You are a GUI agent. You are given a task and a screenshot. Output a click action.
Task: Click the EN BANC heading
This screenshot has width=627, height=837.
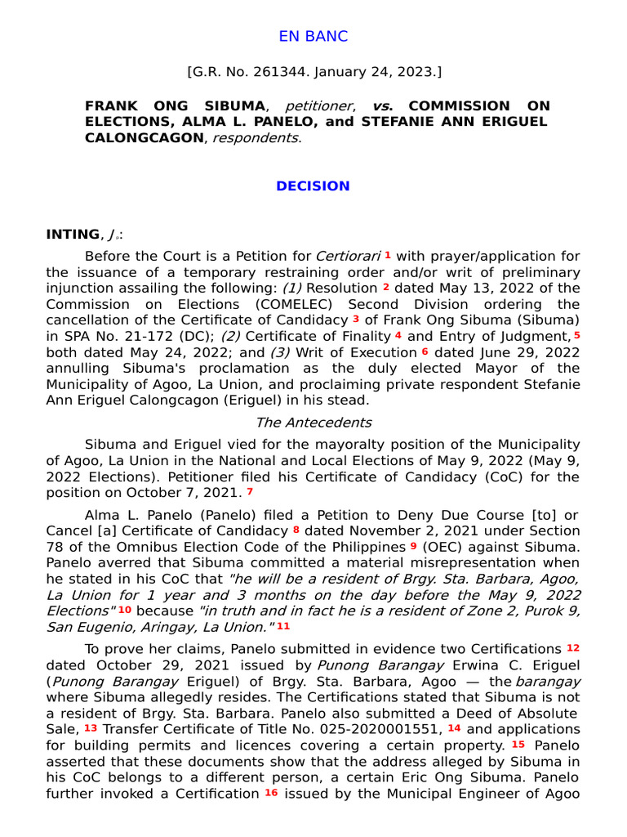pyautogui.click(x=313, y=36)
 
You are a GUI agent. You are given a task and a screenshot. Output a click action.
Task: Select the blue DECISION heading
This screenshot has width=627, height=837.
pyautogui.click(x=313, y=186)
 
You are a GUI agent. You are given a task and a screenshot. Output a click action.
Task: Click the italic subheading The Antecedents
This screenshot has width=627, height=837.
pyautogui.click(x=313, y=423)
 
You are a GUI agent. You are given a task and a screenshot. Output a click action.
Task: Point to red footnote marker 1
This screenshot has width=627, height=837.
pyautogui.click(x=388, y=255)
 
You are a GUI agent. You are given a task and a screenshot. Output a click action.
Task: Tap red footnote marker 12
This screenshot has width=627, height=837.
pyautogui.click(x=573, y=647)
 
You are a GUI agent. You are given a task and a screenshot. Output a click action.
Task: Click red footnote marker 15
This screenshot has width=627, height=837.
pyautogui.click(x=518, y=744)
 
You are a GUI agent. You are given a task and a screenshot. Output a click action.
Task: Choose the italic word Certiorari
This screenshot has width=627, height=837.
pyautogui.click(x=348, y=257)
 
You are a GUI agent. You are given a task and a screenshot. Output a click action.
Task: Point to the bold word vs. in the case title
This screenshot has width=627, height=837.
pyautogui.click(x=382, y=106)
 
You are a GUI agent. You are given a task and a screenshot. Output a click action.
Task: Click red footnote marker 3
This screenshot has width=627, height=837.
pyautogui.click(x=356, y=319)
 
